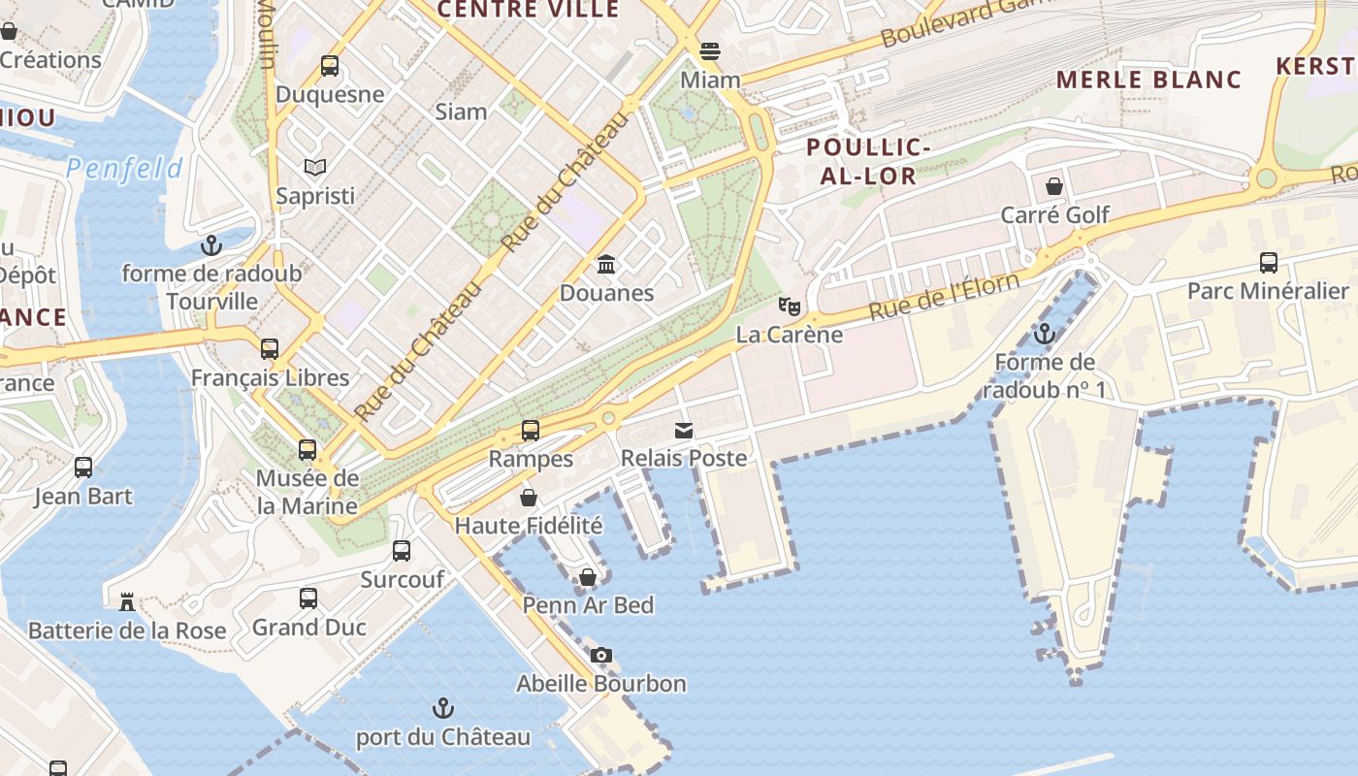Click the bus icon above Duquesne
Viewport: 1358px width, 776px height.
tap(330, 66)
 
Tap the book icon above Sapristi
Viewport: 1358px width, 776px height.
tap(315, 167)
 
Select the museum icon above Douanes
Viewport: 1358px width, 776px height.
tap(607, 264)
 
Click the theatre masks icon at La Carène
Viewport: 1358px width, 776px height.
tap(790, 307)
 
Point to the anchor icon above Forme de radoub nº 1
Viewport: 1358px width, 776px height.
tap(1044, 334)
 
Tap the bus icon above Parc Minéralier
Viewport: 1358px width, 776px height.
tap(1268, 262)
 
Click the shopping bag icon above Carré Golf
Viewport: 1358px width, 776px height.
tap(1054, 186)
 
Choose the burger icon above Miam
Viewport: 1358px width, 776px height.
tap(710, 50)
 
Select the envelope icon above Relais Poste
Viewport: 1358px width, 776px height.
tap(684, 430)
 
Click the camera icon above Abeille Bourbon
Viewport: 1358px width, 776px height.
tap(601, 655)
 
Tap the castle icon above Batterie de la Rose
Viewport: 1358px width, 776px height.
tap(127, 601)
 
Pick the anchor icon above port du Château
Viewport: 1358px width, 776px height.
tap(443, 708)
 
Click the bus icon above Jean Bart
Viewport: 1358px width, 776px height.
tap(83, 468)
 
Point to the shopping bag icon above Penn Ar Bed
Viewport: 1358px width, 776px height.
tap(588, 577)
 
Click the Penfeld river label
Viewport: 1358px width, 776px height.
tap(124, 170)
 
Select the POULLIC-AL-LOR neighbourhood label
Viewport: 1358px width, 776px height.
tap(868, 161)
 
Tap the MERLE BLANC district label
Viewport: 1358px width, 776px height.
tap(1148, 80)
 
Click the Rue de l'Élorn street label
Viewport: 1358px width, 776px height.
tap(944, 296)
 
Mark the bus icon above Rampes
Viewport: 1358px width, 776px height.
tap(531, 430)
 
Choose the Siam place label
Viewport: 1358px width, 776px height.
tap(461, 112)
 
